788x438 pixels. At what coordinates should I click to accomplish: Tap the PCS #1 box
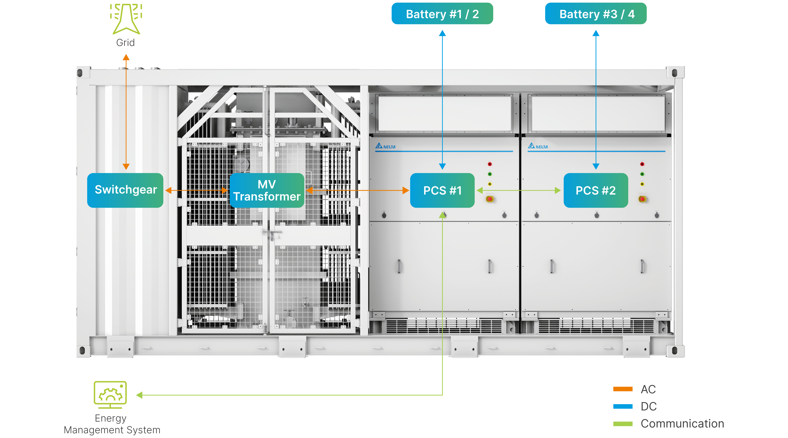442,190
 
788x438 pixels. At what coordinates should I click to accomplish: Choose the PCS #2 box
596,190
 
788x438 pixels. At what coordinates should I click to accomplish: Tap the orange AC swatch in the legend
623,389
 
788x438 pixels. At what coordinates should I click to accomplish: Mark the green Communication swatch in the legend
623,424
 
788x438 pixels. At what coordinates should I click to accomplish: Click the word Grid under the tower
125,43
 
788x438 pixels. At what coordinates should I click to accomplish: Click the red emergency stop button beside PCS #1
490,199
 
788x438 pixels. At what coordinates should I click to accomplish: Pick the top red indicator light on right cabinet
642,164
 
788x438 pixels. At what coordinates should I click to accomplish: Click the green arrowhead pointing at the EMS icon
139,395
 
